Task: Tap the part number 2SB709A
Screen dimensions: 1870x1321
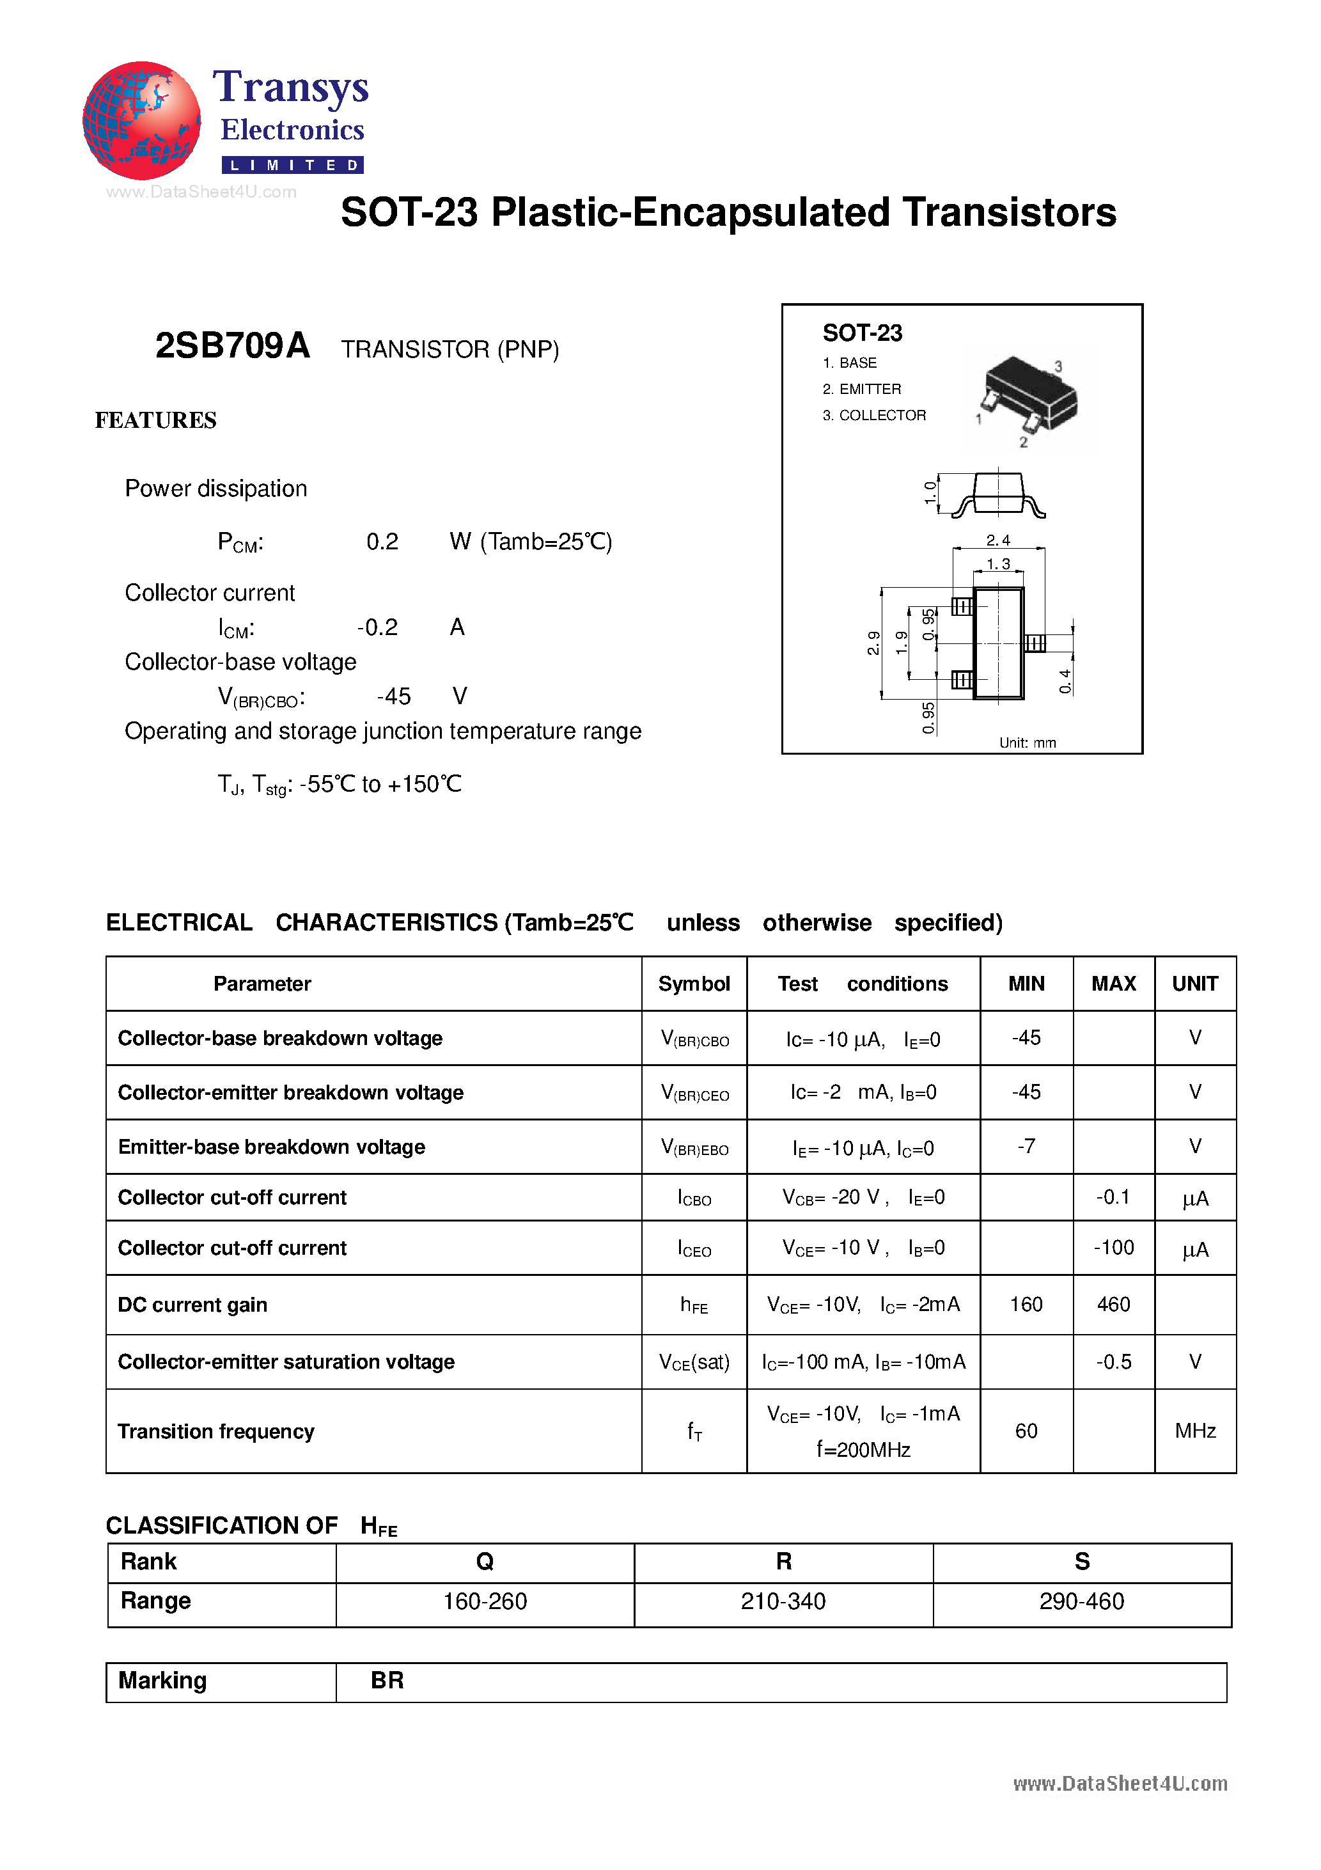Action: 232,346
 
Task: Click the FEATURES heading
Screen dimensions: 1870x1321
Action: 155,420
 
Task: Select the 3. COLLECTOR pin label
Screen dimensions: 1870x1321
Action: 874,415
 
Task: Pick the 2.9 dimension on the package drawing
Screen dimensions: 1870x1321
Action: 873,643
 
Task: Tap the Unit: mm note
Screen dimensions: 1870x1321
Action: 1027,742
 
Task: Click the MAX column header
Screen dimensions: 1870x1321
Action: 1113,984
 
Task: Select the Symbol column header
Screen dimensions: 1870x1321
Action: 694,984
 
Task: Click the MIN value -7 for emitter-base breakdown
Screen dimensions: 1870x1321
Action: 1026,1146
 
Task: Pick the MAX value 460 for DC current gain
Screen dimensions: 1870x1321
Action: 1113,1304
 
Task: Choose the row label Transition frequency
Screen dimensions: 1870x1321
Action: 216,1431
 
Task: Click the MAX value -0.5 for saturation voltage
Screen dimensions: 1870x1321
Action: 1113,1361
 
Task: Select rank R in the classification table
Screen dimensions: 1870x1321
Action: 783,1561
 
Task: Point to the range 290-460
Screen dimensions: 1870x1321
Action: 1082,1601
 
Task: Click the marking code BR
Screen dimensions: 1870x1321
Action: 387,1680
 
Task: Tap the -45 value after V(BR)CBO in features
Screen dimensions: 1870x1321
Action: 394,696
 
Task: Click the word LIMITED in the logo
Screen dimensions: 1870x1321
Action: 293,166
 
